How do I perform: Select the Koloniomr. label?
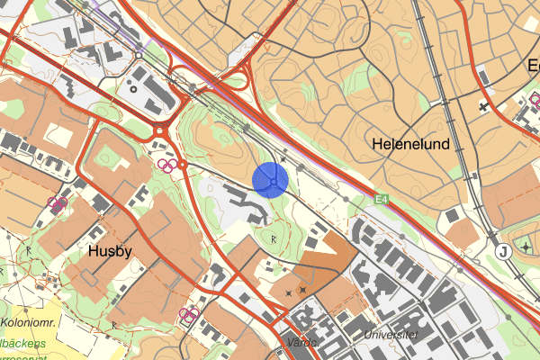[29, 322]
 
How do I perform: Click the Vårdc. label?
[306, 343]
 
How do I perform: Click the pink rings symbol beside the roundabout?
[166, 164]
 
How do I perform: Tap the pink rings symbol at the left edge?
[58, 203]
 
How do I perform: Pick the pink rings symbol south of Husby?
[189, 313]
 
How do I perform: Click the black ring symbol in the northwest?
[134, 88]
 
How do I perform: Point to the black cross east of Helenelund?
[483, 107]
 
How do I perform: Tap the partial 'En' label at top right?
[532, 67]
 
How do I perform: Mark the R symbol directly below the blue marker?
[274, 238]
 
